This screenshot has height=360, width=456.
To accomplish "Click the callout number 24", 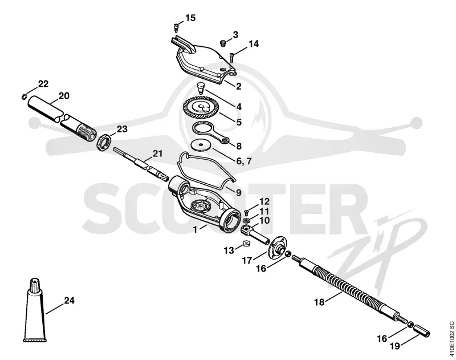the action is pyautogui.click(x=69, y=300).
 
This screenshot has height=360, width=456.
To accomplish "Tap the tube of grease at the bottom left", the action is pyautogui.click(x=35, y=310).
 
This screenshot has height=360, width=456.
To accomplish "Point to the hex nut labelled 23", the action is pyautogui.click(x=104, y=141).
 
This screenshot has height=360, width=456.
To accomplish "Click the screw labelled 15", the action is pyautogui.click(x=176, y=27).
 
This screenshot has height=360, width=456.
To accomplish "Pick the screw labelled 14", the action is pyautogui.click(x=231, y=57).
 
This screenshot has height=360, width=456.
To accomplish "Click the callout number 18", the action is pyautogui.click(x=319, y=302).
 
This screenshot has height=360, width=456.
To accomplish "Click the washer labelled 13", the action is pyautogui.click(x=247, y=243).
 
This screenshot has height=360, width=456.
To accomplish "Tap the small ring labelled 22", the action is pyautogui.click(x=25, y=96).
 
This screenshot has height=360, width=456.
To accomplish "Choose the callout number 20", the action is pyautogui.click(x=64, y=96).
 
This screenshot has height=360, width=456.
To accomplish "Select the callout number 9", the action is pyautogui.click(x=238, y=192).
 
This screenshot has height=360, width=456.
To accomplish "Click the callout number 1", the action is pyautogui.click(x=195, y=229).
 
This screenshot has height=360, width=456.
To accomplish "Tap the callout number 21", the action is pyautogui.click(x=158, y=153).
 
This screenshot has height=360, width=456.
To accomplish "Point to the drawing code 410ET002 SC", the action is pyautogui.click(x=451, y=339).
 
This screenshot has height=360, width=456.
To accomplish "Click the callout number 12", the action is pyautogui.click(x=264, y=201).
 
